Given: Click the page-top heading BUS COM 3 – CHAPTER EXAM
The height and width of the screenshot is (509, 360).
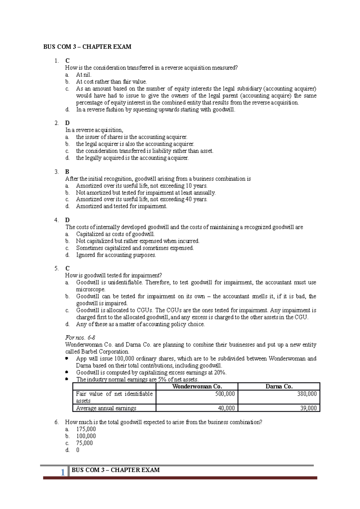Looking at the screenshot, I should [x=87, y=47].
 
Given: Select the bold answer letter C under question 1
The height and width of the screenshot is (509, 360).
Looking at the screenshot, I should [x=67, y=61].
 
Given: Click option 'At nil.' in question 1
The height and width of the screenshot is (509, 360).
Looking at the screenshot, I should [x=84, y=75].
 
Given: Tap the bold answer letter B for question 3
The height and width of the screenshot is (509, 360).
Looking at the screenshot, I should [x=67, y=172].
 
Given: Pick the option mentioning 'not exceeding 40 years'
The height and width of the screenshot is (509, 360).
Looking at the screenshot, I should [x=142, y=199].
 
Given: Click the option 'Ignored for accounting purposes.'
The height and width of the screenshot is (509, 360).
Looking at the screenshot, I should [x=116, y=255].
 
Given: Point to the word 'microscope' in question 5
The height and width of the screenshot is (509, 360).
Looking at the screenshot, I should [x=91, y=290].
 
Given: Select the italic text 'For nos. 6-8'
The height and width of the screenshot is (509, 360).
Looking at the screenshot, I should [x=80, y=338].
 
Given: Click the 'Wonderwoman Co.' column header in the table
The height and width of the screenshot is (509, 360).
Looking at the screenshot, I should [x=197, y=386].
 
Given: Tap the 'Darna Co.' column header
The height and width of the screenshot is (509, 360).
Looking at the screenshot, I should [x=279, y=386].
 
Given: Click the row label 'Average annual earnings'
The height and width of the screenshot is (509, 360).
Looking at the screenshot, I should [x=106, y=408].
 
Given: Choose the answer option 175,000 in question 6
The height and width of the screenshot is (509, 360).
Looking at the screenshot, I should [x=86, y=429].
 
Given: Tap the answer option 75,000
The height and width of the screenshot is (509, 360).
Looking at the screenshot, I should [x=84, y=443].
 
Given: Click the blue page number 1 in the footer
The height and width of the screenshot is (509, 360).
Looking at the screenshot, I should [x=63, y=473].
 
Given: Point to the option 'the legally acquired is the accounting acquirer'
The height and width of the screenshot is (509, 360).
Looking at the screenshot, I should [x=132, y=158].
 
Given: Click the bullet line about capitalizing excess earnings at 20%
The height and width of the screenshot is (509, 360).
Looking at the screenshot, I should [x=151, y=373].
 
